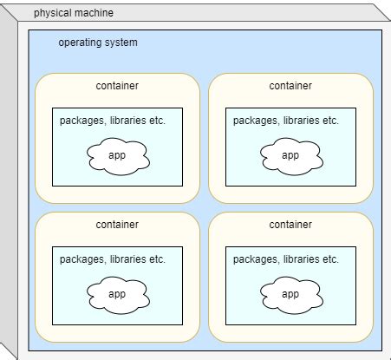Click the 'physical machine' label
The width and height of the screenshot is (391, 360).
click(x=73, y=14)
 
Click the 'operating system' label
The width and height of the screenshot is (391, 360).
click(x=97, y=43)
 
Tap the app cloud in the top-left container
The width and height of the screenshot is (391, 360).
click(x=117, y=156)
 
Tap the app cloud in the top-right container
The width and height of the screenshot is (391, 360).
click(x=290, y=156)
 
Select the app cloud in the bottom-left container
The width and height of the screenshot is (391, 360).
click(x=117, y=294)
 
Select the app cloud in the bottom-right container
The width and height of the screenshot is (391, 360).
click(x=290, y=294)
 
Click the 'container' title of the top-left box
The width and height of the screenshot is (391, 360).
click(x=117, y=86)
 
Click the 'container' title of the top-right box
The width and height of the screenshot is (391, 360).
click(x=290, y=86)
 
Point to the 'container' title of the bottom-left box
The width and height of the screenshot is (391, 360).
click(x=117, y=225)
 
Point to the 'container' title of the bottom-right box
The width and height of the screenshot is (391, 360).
click(x=290, y=225)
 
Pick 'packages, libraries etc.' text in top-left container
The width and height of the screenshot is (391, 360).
click(x=113, y=121)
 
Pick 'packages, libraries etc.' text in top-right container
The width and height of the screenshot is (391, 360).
click(x=286, y=121)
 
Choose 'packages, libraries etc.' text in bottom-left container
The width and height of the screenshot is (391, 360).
click(x=113, y=259)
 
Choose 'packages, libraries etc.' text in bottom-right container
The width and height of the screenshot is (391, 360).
click(x=286, y=259)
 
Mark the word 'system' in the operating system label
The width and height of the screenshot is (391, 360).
click(x=121, y=43)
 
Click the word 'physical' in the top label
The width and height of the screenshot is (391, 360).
click(x=53, y=14)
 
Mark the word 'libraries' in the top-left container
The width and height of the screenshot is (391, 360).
click(x=127, y=121)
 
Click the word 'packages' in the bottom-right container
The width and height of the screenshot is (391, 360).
click(x=255, y=259)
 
